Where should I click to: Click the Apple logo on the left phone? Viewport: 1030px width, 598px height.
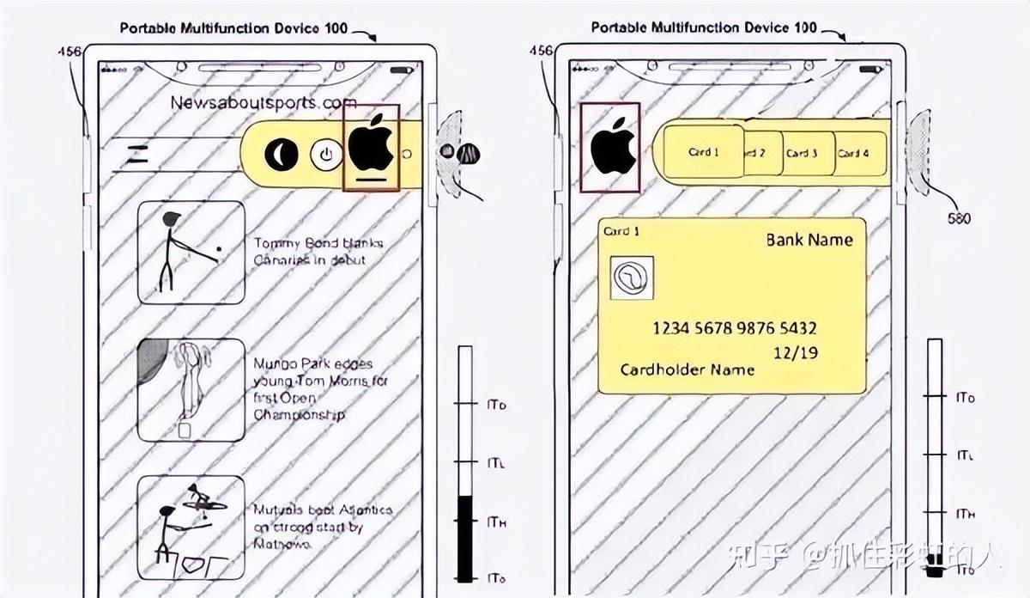[x=371, y=145]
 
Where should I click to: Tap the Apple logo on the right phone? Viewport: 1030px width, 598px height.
[x=611, y=146]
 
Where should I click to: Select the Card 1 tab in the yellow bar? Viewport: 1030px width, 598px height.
[x=704, y=152]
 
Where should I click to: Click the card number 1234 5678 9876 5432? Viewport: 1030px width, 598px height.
[x=734, y=328]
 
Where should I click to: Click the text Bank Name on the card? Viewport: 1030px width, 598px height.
[x=809, y=240]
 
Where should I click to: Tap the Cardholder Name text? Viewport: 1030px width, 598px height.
[x=687, y=369]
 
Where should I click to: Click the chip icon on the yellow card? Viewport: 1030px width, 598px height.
[x=632, y=278]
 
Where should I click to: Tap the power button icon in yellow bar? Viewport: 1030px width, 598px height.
[x=325, y=156]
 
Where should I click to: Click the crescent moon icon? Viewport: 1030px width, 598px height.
[x=281, y=155]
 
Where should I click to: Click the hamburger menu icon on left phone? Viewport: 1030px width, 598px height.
[x=137, y=155]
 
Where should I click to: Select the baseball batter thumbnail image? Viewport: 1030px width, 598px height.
[x=191, y=253]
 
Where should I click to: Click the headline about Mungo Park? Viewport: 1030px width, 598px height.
[x=320, y=389]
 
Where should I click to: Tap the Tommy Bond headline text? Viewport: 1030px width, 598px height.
[x=318, y=251]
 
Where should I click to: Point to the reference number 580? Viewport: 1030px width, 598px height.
[x=959, y=218]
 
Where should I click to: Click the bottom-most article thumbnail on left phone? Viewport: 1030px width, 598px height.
[x=191, y=528]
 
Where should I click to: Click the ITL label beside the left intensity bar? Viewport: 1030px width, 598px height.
[x=496, y=463]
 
